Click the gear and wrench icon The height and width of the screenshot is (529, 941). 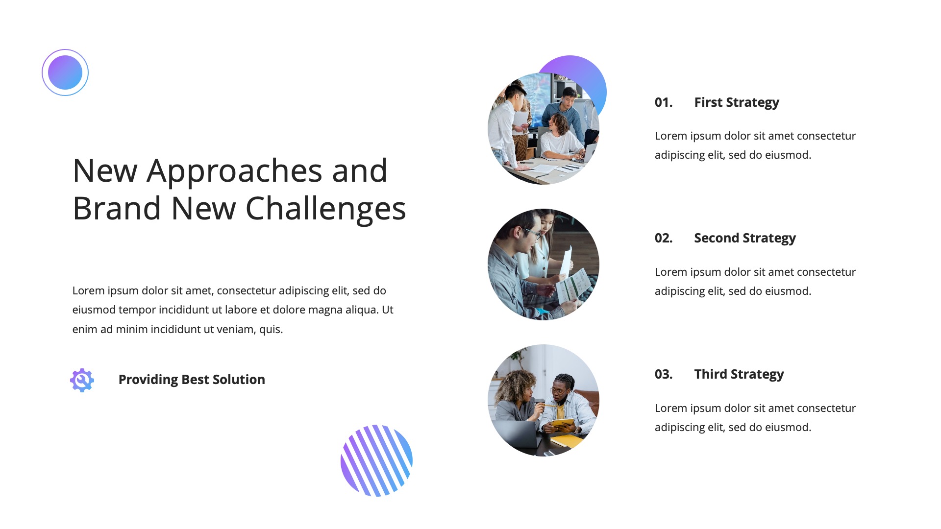click(x=82, y=380)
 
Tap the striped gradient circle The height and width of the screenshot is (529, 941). click(x=376, y=460)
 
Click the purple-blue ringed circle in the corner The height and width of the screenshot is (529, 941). click(x=65, y=72)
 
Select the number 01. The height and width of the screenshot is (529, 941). click(x=663, y=102)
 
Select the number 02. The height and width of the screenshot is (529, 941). click(x=663, y=238)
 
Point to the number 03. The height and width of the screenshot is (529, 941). click(x=663, y=374)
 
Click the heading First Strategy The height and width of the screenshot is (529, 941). click(x=736, y=102)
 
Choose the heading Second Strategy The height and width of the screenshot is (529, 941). click(x=744, y=238)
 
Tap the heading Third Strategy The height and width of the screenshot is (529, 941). click(x=739, y=374)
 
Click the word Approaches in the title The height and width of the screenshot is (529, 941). click(x=234, y=170)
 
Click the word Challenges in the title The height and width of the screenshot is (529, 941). click(x=325, y=208)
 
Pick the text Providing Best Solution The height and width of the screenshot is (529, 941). click(x=192, y=380)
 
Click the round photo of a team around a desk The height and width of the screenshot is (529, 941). click(x=543, y=129)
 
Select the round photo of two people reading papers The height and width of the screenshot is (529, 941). click(x=543, y=264)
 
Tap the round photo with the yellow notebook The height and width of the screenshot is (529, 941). click(x=543, y=400)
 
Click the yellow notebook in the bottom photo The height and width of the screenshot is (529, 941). click(x=562, y=423)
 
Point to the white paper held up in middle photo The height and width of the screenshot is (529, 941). click(x=566, y=262)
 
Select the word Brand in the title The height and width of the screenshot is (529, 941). click(x=117, y=208)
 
